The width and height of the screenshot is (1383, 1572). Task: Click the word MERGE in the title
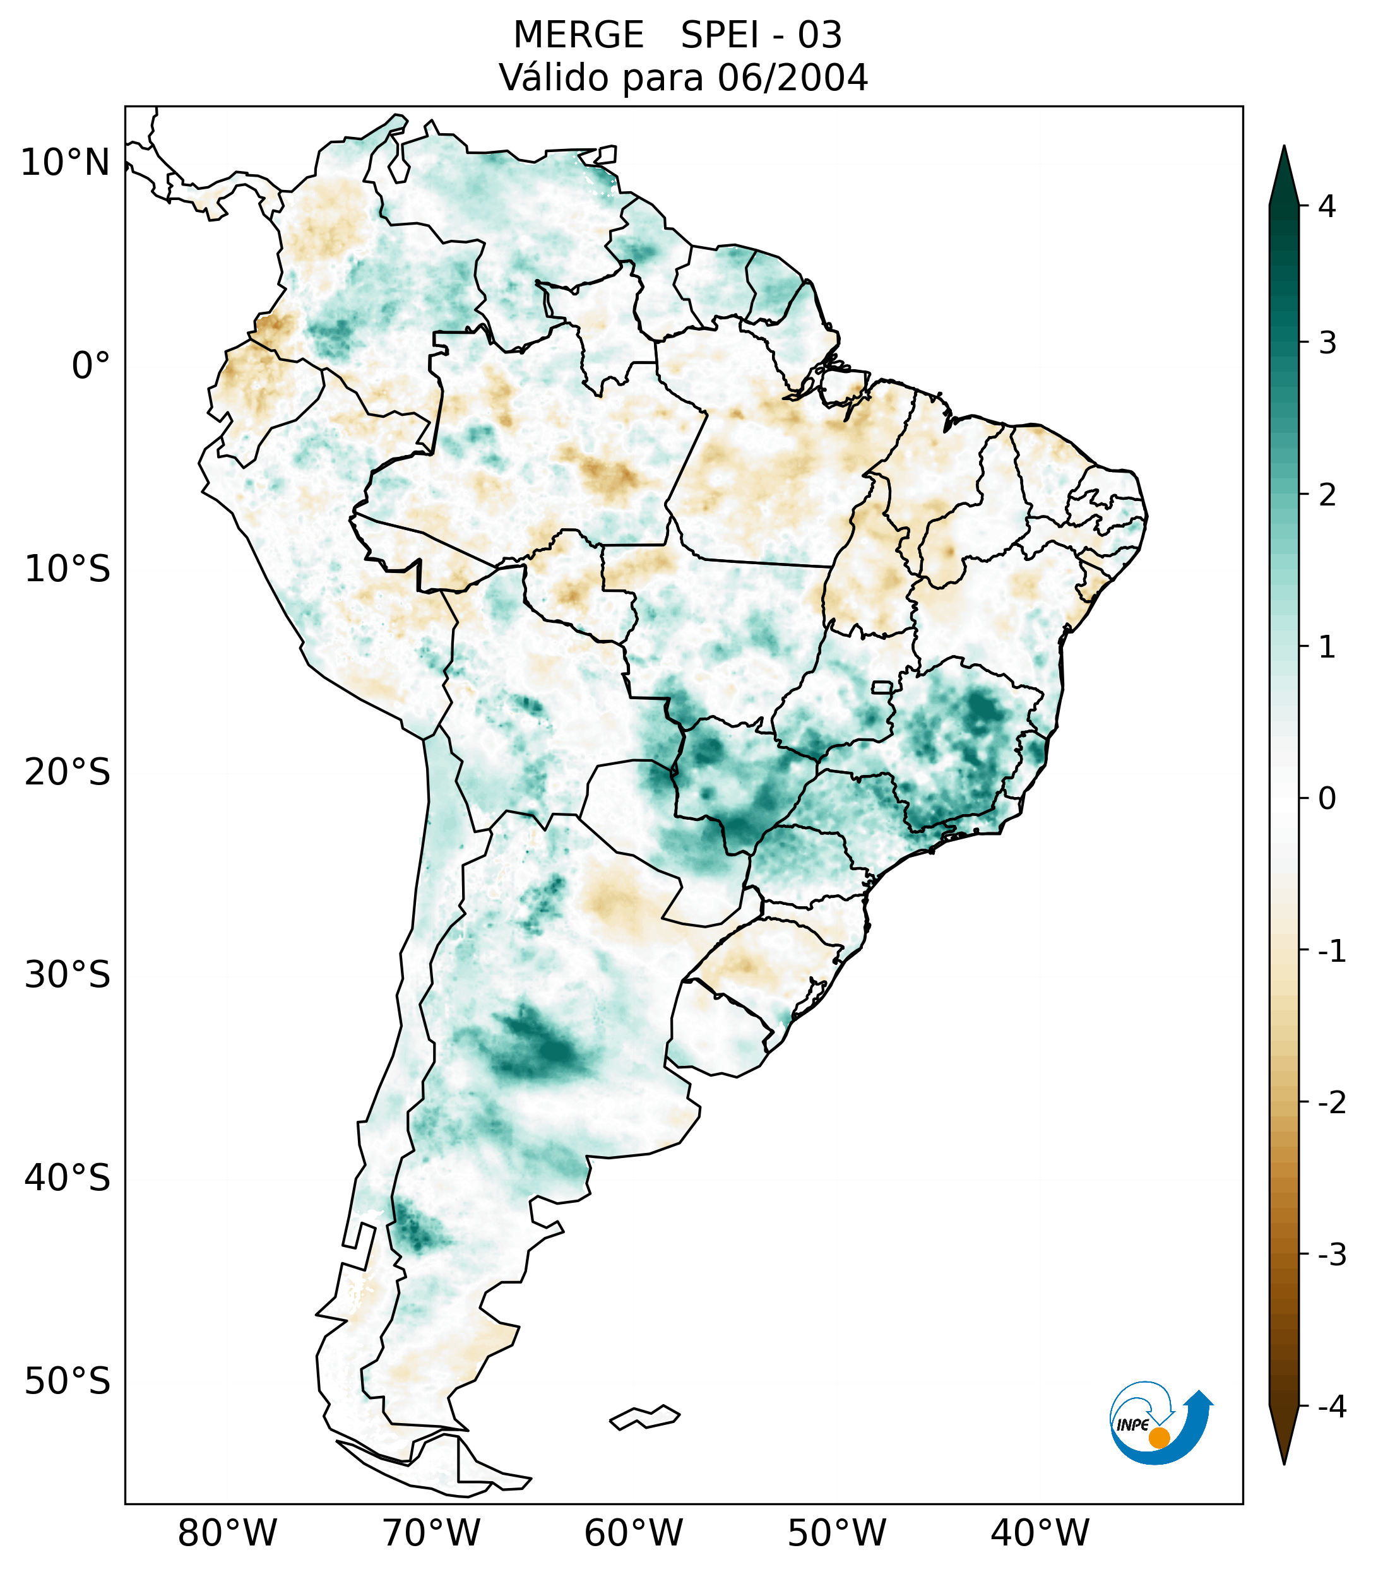[578, 35]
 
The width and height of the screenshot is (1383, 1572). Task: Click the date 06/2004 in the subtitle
[792, 78]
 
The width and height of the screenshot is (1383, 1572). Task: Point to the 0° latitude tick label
[90, 366]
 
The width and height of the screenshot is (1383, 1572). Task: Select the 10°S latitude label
[68, 570]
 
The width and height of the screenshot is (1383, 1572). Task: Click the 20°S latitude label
[68, 772]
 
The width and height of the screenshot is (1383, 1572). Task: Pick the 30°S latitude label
[68, 975]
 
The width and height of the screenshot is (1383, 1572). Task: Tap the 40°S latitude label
[68, 1178]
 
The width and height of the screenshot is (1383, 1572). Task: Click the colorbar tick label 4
[1327, 206]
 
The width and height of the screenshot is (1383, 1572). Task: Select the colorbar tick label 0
[1327, 799]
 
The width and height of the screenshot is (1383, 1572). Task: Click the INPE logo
[1160, 1423]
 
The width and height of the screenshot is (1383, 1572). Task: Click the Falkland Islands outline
[644, 1417]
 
